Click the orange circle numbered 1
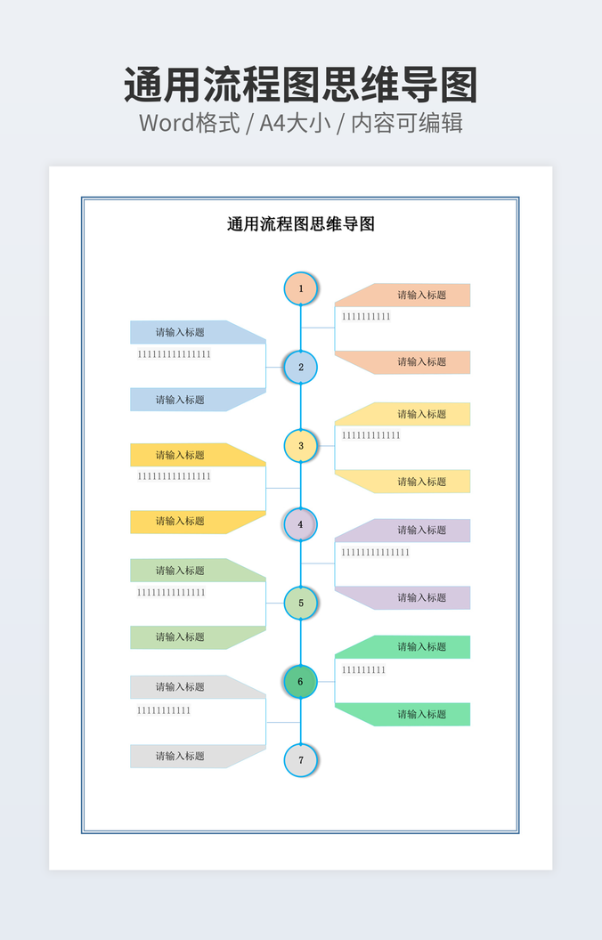coord(300,288)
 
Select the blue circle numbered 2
coord(300,367)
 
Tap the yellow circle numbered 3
coord(300,445)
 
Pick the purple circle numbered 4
coord(300,524)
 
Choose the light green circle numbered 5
coord(300,604)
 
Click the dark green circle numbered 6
coord(300,682)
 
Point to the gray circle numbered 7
coord(300,760)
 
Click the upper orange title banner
coord(403,295)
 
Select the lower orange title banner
coord(403,362)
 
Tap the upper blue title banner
coord(198,332)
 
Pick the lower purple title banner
coord(403,597)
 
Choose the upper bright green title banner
coord(403,647)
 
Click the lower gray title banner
coord(198,756)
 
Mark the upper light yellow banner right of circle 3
coord(403,414)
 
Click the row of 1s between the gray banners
coord(164,710)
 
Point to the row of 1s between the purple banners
coord(375,552)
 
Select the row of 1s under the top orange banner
coord(366,317)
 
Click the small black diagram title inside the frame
coord(301,224)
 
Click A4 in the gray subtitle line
coord(273,123)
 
